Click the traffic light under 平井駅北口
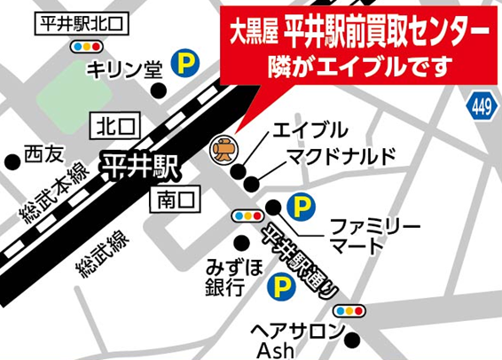(x=85, y=46)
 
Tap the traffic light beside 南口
(x=246, y=215)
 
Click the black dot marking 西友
(x=12, y=161)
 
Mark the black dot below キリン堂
(x=159, y=90)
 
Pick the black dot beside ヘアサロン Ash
(x=354, y=337)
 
